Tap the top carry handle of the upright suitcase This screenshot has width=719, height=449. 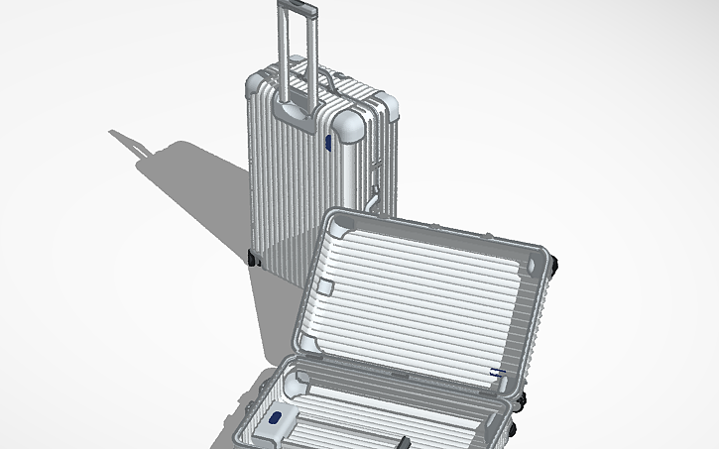coord(326,78)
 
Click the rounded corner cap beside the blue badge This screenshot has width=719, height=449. coord(350,126)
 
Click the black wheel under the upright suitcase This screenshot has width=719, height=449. coord(253,259)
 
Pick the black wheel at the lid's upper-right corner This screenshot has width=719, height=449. coord(554,263)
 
